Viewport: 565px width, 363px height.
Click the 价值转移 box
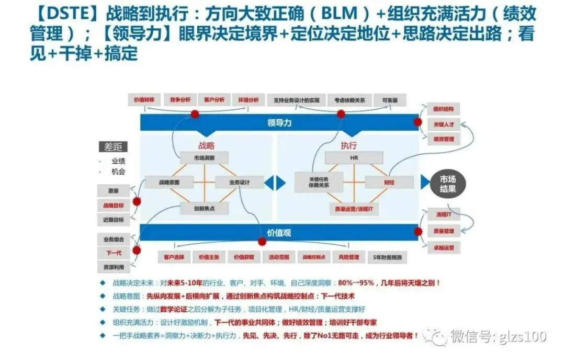[x=145, y=100]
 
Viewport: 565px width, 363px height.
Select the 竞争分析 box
[x=179, y=100]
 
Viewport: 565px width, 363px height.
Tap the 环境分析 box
[x=248, y=100]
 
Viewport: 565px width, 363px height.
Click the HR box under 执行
[x=354, y=157]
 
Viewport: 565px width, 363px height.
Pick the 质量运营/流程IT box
[x=354, y=209]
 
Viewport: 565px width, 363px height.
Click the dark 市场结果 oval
[x=448, y=183]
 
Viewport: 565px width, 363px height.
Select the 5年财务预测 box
[x=387, y=257]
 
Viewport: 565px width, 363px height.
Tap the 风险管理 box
[x=348, y=257]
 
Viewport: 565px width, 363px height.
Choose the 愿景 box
[x=114, y=191]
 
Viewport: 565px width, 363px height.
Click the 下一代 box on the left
[x=114, y=253]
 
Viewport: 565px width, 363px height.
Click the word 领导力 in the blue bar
[x=279, y=123]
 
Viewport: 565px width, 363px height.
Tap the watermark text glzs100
[x=520, y=336]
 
